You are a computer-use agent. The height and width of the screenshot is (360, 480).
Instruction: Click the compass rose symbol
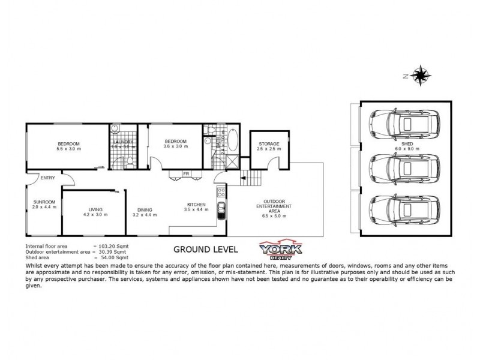click(x=421, y=76)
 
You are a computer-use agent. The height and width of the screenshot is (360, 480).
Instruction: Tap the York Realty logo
click(x=280, y=249)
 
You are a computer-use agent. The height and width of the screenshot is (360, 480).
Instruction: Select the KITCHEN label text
click(x=197, y=207)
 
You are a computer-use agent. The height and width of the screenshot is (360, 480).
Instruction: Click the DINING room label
click(x=144, y=211)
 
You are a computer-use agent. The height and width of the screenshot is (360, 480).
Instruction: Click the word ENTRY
click(x=48, y=178)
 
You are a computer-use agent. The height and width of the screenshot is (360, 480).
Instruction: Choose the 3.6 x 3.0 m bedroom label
click(x=176, y=143)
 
